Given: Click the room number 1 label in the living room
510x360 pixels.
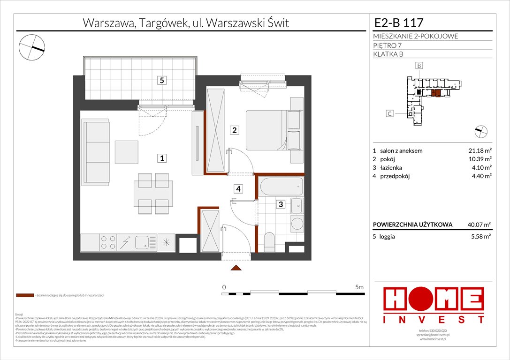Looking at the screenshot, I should pyautogui.click(x=161, y=158).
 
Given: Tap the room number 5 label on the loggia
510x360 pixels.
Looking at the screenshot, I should pyautogui.click(x=161, y=80).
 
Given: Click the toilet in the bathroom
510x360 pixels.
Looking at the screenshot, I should pyautogui.click(x=269, y=241).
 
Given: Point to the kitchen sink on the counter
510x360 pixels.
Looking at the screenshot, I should pyautogui.click(x=142, y=242).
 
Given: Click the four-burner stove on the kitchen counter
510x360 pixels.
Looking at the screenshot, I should pyautogui.click(x=108, y=242).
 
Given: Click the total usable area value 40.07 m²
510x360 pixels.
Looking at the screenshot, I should pyautogui.click(x=478, y=225).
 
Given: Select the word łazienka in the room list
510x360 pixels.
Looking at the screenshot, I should pyautogui.click(x=391, y=168).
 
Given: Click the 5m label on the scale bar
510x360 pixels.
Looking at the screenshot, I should pyautogui.click(x=359, y=286).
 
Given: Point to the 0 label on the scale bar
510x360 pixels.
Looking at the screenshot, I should pyautogui.click(x=224, y=286).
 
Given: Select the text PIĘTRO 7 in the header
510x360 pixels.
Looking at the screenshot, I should pyautogui.click(x=388, y=45).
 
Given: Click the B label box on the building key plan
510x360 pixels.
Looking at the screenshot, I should pyautogui.click(x=419, y=66).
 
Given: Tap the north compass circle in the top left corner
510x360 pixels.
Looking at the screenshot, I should pyautogui.click(x=32, y=46).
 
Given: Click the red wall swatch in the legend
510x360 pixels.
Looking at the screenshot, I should pyautogui.click(x=24, y=295).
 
